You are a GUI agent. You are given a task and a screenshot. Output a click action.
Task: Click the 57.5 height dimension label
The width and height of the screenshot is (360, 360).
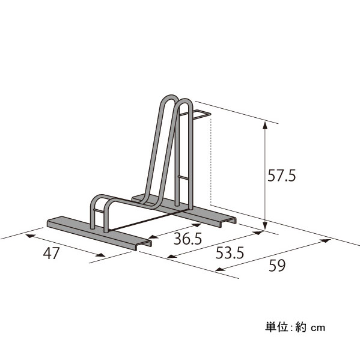(282, 175)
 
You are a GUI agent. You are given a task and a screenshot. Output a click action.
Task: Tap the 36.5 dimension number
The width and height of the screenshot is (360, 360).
(188, 239)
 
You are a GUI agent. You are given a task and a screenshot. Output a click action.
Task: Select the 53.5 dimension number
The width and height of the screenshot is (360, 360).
(230, 253)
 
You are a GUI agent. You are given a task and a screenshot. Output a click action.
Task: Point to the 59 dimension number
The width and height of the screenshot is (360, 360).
(277, 266)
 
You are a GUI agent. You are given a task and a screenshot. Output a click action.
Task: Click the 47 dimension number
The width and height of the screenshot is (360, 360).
(52, 253)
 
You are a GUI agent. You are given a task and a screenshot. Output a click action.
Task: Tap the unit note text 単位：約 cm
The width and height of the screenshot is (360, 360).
(295, 327)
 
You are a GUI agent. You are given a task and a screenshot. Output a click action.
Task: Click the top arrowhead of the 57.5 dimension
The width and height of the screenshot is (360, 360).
(265, 126)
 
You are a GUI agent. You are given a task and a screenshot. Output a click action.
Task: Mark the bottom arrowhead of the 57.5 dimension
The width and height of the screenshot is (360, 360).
(265, 225)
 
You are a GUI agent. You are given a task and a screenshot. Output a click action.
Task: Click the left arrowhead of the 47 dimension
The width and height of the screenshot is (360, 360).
(30, 236)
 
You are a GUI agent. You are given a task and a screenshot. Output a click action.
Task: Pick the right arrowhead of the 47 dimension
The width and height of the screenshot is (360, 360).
(100, 255)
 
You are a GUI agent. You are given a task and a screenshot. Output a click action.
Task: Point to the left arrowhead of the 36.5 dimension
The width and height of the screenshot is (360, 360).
(153, 237)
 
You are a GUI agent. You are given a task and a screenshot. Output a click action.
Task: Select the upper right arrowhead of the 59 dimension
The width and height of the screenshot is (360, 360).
(326, 240)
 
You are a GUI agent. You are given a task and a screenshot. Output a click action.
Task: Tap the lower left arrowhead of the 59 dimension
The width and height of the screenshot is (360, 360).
(221, 269)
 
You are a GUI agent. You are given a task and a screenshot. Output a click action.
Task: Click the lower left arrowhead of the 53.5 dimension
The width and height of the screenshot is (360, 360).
(172, 257)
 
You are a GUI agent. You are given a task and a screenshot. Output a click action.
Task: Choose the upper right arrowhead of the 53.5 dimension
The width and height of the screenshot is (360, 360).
(258, 233)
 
